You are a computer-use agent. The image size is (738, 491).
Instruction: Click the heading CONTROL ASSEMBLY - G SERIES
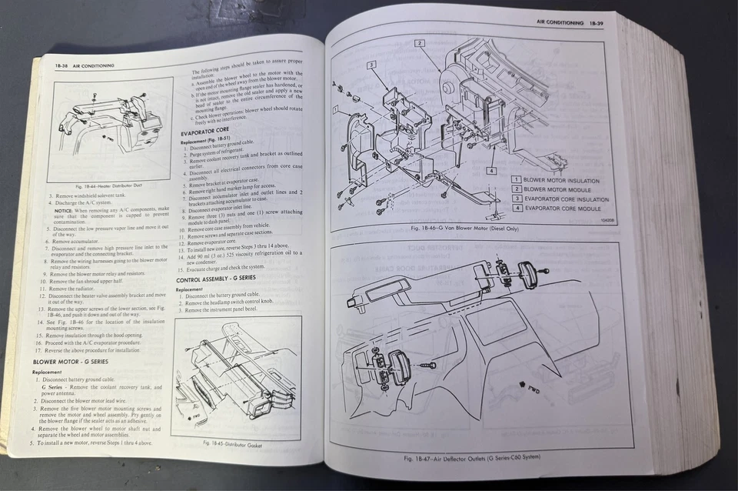click(x=216, y=279)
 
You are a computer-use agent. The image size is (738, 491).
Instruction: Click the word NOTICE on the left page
click(x=64, y=210)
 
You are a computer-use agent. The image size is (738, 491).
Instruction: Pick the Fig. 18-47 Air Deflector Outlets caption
click(x=473, y=458)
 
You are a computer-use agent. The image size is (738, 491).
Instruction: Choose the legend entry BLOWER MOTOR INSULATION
click(x=560, y=180)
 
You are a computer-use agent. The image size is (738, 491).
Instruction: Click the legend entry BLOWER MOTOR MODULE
click(x=557, y=189)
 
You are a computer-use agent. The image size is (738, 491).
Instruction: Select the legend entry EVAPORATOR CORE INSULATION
click(x=565, y=199)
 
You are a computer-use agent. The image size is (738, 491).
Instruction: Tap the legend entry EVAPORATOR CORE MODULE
click(x=561, y=208)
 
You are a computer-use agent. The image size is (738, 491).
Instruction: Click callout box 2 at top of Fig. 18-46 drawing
click(x=420, y=43)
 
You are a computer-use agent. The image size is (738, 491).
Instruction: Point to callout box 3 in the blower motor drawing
click(x=371, y=66)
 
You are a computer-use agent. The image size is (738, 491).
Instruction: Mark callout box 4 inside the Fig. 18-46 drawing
click(x=490, y=171)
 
